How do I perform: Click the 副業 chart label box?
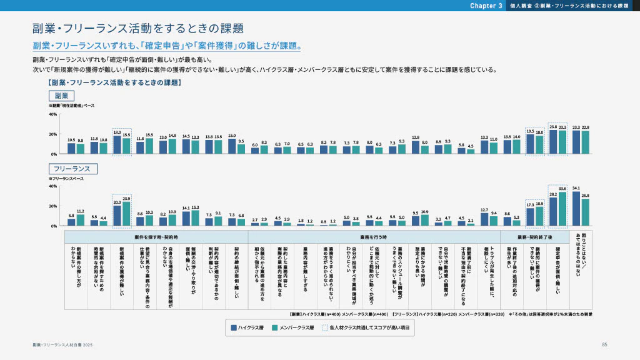pos(61,96)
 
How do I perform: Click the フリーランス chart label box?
pos(72,169)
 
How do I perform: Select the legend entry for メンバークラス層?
pos(293,327)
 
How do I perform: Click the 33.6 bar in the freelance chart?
pos(562,209)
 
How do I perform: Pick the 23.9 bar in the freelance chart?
pos(126,214)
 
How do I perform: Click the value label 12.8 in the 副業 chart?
pos(416,136)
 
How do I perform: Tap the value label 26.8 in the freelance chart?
pos(585,196)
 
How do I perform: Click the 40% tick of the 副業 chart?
pos(52,114)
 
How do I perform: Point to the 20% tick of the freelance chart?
pos(52,206)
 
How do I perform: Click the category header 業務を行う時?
pos(374,237)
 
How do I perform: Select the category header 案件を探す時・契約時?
pos(156,237)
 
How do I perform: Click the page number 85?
pos(604,345)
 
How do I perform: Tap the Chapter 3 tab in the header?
pos(486,6)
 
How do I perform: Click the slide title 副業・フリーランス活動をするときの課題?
pos(137,28)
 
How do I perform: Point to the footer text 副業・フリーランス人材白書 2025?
pos(62,345)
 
